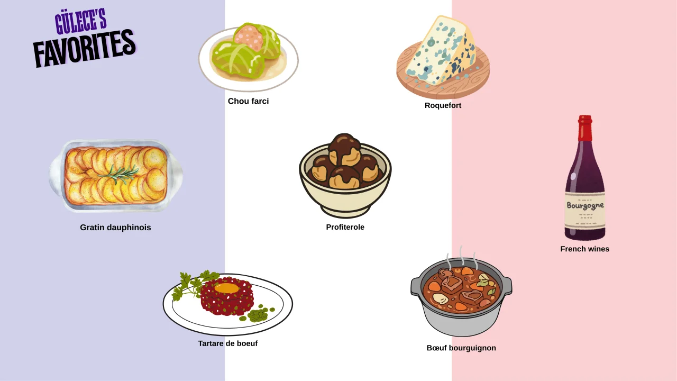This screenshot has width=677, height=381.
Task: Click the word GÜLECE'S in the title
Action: [x=81, y=22]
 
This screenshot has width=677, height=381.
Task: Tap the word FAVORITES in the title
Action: [x=85, y=48]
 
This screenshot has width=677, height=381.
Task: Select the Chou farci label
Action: [x=248, y=101]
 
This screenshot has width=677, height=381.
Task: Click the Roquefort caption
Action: [x=443, y=105]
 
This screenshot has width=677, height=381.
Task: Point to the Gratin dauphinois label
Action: [x=115, y=228]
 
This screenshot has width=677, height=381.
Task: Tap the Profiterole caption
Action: [x=345, y=227]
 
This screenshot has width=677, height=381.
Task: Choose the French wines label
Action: [x=585, y=249]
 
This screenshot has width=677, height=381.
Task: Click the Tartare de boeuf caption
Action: [x=228, y=343]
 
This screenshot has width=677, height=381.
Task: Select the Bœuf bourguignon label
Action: [x=461, y=348]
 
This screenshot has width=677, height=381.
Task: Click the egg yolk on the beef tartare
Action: [x=227, y=288]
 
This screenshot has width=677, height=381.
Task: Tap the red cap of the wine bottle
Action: [x=585, y=128]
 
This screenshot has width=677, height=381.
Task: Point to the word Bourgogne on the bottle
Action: [x=585, y=206]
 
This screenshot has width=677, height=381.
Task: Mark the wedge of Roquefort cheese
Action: [x=441, y=51]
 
